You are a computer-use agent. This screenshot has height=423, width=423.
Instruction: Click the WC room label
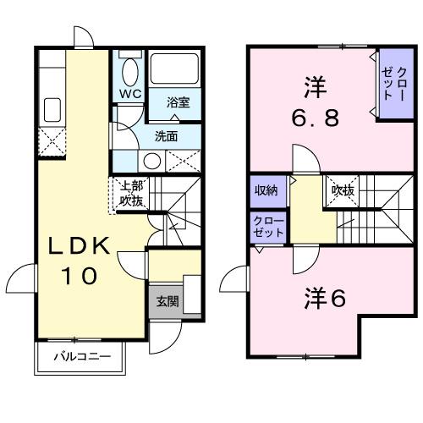(129, 94)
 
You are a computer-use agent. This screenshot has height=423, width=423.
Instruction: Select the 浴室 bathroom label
(177, 102)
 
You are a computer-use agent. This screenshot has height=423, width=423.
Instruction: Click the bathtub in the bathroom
(173, 69)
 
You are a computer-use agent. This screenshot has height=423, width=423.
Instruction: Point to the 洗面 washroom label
(165, 135)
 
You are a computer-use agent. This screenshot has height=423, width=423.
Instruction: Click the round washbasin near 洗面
(152, 161)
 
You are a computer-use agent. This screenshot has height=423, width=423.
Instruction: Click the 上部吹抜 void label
(129, 194)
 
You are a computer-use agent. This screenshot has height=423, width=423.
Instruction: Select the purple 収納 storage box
(266, 190)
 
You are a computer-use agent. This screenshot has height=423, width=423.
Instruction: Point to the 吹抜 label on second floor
(341, 190)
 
